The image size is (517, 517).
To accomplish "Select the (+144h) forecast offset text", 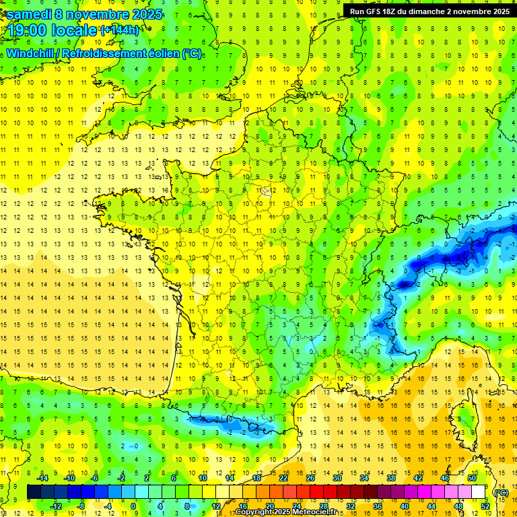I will [x=120, y=30].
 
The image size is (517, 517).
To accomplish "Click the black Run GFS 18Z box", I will [x=429, y=11].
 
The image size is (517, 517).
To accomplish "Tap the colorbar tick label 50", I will [x=472, y=477].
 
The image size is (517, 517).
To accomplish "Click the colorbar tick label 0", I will [x=133, y=506].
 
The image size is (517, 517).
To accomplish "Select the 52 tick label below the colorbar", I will [x=485, y=506].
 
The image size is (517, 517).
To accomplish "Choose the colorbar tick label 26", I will [x=310, y=477].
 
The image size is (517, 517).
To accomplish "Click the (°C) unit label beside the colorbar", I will [x=501, y=492].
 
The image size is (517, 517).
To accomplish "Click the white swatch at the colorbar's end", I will [x=479, y=492].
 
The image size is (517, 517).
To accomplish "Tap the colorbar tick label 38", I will [x=391, y=477].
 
